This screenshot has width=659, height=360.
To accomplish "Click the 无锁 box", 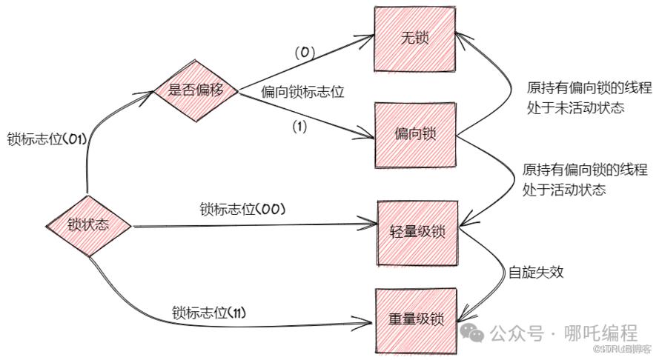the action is point(414,39).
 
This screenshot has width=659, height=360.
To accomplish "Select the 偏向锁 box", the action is point(415,135).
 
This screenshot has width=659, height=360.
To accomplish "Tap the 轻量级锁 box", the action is point(417,233).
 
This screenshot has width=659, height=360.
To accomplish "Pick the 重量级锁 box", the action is point(416,321).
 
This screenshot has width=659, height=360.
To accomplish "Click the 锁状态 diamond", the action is point(88,226).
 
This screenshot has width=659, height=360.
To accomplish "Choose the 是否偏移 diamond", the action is point(196,90).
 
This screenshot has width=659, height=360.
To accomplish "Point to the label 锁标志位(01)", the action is point(47,139).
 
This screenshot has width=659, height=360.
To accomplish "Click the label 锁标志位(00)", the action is point(242,209).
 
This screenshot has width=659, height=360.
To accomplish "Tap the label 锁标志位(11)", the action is point(209,313).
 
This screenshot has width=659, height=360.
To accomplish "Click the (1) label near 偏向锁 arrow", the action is point(299,127).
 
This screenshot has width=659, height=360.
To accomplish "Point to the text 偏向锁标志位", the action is point(302,92).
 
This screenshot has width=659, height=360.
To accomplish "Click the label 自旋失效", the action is point(536,272).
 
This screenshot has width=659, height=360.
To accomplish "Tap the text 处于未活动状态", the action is point(576,108).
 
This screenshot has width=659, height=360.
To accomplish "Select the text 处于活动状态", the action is point(564,190).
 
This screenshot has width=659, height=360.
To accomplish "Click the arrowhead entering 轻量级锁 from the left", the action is point(369,224).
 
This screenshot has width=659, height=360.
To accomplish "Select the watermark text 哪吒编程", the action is point(601,333).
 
